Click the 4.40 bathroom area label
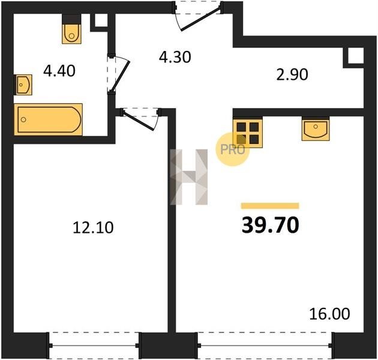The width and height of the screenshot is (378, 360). click(59, 71)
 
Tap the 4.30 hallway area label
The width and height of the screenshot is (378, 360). click(175, 58)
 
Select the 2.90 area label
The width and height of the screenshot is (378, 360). click(292, 74)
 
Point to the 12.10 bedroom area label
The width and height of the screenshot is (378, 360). click(93, 228)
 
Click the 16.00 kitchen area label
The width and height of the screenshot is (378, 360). click(329, 314)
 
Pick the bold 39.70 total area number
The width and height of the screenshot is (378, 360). click(270, 225)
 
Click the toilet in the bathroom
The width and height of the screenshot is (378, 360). click(71, 29)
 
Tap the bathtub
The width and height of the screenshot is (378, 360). click(48, 119)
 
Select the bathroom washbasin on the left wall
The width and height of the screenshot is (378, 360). click(23, 85)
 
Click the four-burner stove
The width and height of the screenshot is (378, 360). click(248, 133)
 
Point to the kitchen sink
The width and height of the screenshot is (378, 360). click(316, 128)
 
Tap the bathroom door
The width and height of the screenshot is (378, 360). click(119, 74)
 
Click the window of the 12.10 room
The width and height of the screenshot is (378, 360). click(94, 346)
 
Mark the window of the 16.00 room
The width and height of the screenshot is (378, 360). click(265, 346)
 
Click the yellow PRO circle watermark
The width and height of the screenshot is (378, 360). click(232, 149)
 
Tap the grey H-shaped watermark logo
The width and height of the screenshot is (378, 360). click(189, 177)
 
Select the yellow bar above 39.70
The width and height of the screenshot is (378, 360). click(270, 206)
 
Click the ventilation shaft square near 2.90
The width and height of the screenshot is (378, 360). click(353, 58)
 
